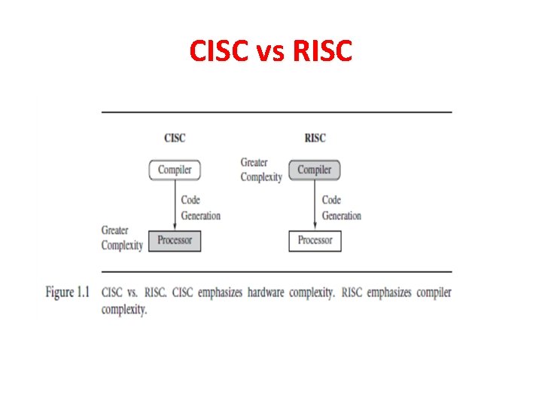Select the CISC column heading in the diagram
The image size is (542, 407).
click(175, 138)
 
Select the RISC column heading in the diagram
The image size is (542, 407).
click(315, 138)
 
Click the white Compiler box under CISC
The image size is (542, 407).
click(175, 170)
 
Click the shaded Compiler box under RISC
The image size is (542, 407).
click(315, 170)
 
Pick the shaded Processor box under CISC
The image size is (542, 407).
click(175, 240)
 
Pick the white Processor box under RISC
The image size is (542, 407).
click(315, 240)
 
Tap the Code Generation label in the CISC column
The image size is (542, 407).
click(200, 208)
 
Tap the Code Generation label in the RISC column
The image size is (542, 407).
click(341, 208)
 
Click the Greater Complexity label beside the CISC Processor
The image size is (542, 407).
click(122, 238)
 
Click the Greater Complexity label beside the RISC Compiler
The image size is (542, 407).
click(261, 170)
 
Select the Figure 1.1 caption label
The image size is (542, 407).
click(71, 292)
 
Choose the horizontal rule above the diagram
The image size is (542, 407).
click(276, 112)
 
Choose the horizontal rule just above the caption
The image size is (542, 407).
click(276, 271)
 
